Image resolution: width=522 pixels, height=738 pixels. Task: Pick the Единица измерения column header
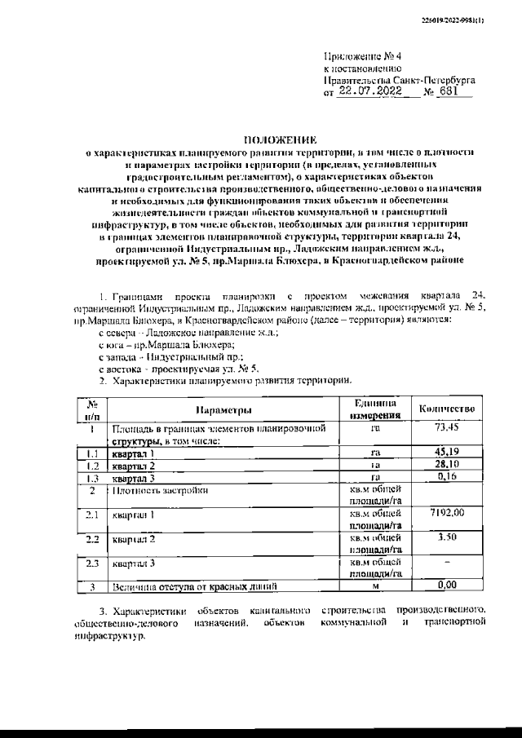(x=375, y=409)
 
